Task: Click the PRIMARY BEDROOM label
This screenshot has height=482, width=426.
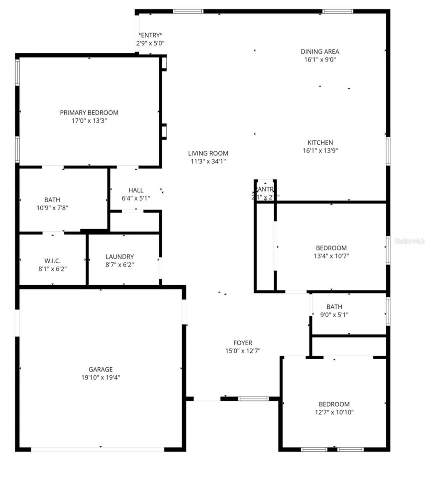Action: [x=89, y=113]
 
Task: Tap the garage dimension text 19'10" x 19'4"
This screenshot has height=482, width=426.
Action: [x=101, y=378]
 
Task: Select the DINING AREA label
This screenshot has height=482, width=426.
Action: [x=320, y=52]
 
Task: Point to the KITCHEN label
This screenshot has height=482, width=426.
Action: [x=320, y=142]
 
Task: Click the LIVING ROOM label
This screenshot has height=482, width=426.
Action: [x=208, y=153]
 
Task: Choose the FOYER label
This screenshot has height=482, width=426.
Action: [x=243, y=343]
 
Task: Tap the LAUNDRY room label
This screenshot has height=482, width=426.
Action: [x=119, y=257]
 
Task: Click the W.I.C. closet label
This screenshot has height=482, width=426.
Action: [x=53, y=261]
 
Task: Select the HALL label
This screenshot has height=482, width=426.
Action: [x=136, y=190]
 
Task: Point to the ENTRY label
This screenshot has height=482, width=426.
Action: [x=150, y=35]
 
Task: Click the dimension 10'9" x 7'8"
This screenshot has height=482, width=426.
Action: [x=52, y=208]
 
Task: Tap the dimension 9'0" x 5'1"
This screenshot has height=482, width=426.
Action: [x=334, y=315]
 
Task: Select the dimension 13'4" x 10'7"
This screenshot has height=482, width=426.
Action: [x=331, y=256]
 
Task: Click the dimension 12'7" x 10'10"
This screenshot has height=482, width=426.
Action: [x=334, y=412]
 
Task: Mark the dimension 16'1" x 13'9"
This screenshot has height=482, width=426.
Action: [x=320, y=151]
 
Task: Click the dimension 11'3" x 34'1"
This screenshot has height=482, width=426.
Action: [x=208, y=162]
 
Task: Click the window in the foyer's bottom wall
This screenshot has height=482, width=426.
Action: [x=253, y=399]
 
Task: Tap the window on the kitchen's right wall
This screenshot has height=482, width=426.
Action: [x=388, y=151]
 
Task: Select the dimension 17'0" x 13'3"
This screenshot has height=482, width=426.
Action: [x=89, y=121]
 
